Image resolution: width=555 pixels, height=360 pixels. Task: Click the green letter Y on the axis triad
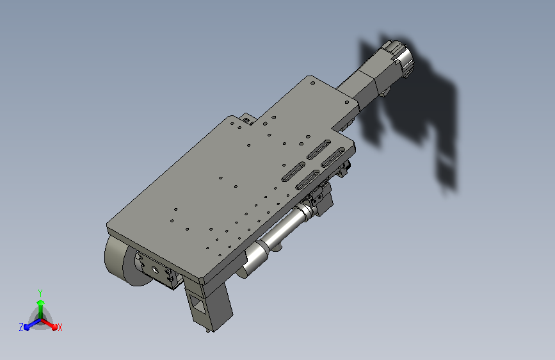coord(40,293)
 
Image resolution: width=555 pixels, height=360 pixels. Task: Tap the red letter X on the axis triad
coord(60,327)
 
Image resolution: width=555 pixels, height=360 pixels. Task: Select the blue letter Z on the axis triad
coord(21,327)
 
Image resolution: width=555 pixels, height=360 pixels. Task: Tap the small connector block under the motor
coord(385,92)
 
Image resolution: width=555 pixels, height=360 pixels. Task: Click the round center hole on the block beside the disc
coord(155,270)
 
